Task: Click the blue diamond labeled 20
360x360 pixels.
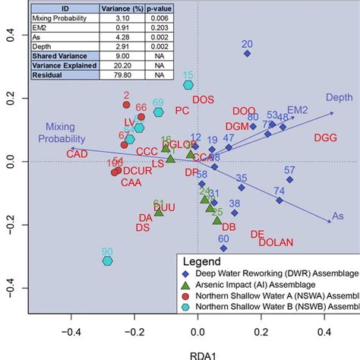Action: (x=247, y=54)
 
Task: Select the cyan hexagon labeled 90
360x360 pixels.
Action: (x=108, y=261)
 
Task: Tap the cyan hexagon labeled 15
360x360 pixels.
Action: (x=188, y=85)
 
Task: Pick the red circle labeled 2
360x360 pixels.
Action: (x=127, y=105)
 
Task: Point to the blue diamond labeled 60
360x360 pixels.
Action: (x=223, y=248)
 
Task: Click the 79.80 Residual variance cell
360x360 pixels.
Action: (x=128, y=75)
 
